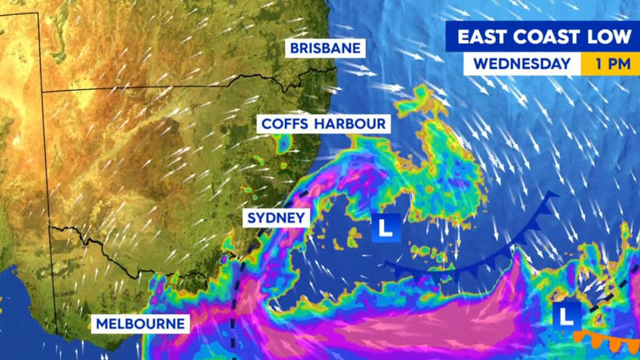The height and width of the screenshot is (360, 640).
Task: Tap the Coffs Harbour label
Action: (x=324, y=124)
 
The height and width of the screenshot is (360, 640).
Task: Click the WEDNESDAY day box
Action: (x=522, y=64)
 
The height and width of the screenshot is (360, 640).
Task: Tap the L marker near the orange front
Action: (x=569, y=315)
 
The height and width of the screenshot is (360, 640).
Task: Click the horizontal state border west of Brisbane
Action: (x=167, y=87)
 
